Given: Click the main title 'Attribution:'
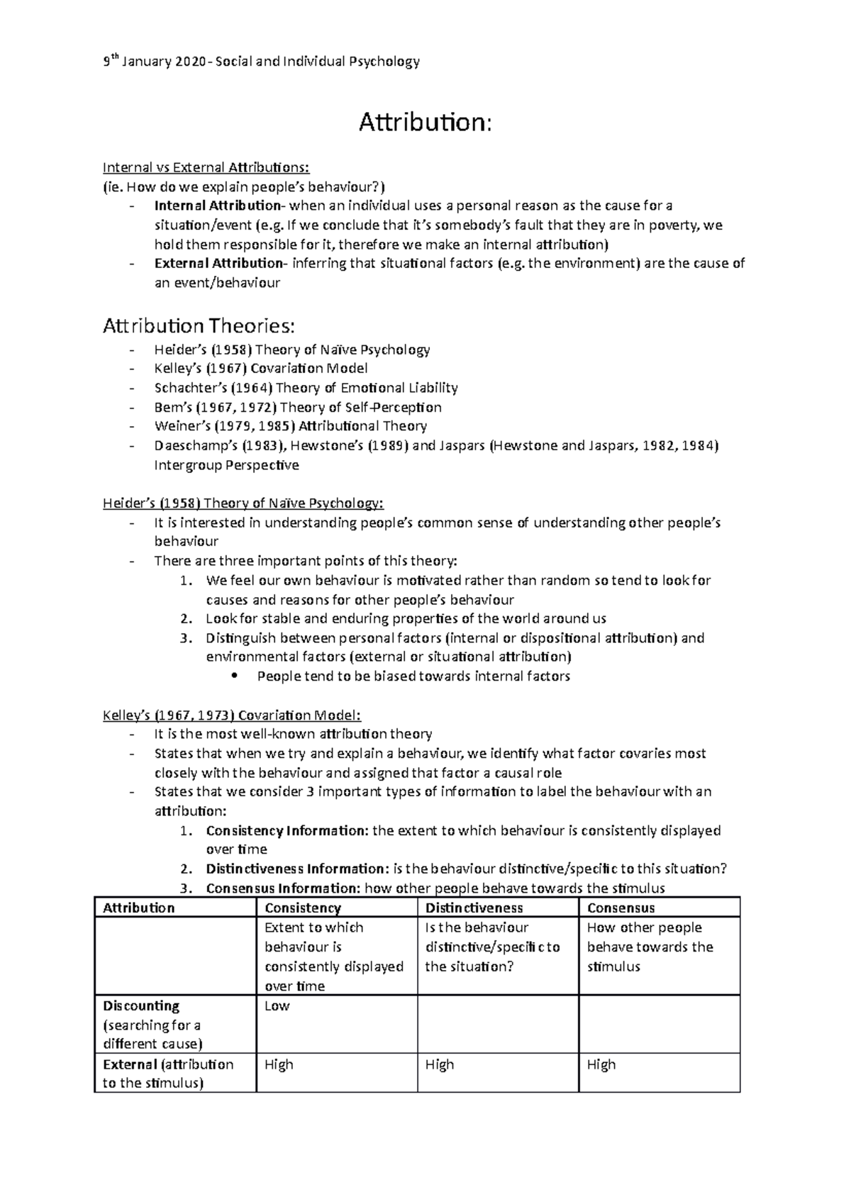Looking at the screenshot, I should pos(424,123).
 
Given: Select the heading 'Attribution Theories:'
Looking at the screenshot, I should pos(198,326).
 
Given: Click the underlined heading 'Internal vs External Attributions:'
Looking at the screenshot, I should pos(206,168).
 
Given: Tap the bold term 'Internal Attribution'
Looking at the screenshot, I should pos(217,206).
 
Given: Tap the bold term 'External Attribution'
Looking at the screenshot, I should pos(218,264).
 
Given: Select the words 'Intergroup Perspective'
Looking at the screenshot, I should pos(226,466).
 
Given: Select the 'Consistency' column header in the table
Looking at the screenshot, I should pos(302,908).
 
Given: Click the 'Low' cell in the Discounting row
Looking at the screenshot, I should pos(277,1006).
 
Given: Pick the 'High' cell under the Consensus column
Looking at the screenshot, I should pos(601,1064).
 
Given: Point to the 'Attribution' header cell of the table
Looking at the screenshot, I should pos(138,908).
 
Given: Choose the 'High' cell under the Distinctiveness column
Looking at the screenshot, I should pos(439,1064).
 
